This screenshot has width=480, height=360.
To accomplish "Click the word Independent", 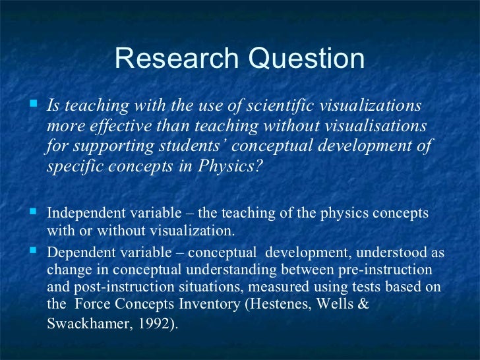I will [x=82, y=214].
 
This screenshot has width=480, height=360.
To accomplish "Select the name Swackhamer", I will [x=82, y=324].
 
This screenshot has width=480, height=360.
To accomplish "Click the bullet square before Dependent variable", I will [x=34, y=252].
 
